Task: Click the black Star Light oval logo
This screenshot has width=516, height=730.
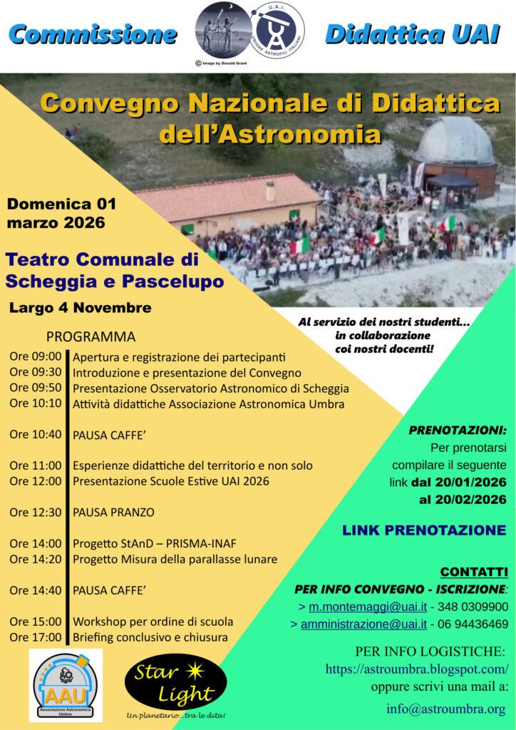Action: coord(167,684)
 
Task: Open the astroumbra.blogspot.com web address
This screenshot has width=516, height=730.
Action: coord(417,669)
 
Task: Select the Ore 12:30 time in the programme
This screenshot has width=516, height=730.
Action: coord(35,512)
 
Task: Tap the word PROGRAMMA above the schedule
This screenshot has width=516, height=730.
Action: coord(91,336)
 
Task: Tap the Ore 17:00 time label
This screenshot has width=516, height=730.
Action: coord(35,637)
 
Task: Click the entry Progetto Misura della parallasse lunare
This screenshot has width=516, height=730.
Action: coord(175,560)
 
